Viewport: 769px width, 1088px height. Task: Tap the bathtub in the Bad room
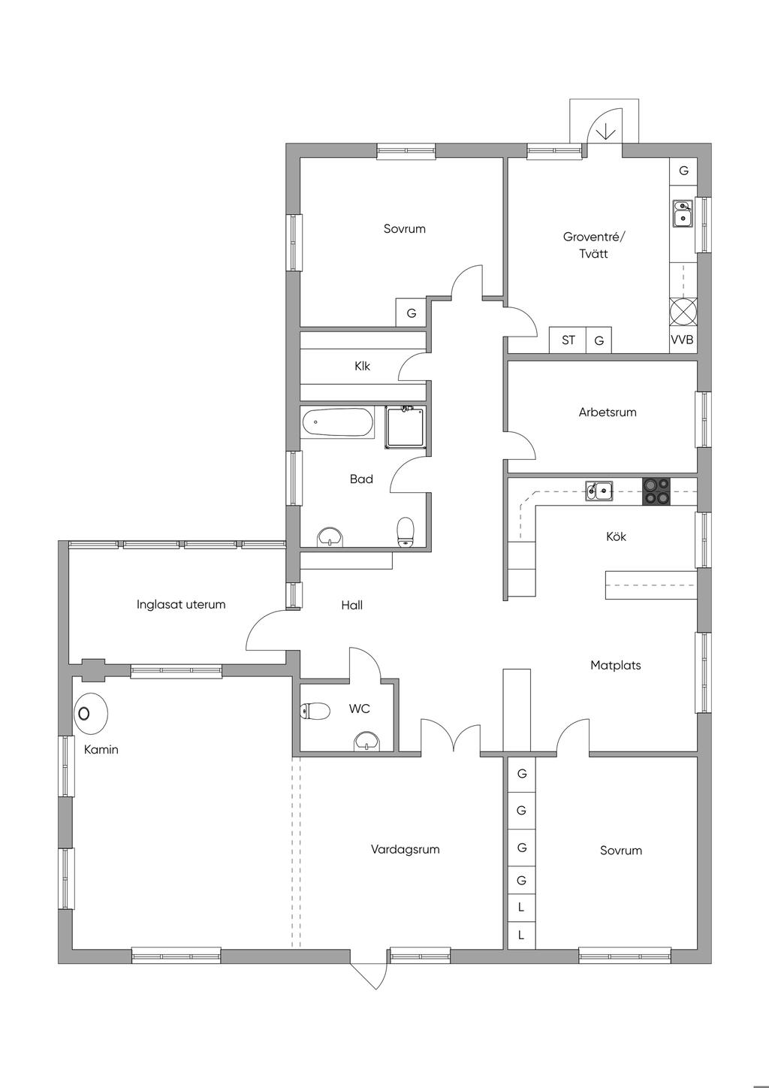click(338, 422)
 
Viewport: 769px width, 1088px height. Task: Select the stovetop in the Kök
click(656, 491)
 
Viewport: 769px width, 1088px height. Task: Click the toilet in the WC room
click(315, 711)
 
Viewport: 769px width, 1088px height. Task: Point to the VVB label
click(682, 340)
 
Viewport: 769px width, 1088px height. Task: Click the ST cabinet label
click(568, 340)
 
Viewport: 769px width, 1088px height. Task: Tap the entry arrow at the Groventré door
click(606, 131)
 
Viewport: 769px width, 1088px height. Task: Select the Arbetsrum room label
click(608, 413)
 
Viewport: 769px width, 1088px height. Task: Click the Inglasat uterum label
click(181, 605)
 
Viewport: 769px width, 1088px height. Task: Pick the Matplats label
click(616, 666)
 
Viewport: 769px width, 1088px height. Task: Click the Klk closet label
click(362, 366)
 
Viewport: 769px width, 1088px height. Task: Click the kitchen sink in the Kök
click(599, 491)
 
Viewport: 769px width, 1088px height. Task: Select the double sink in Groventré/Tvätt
click(683, 213)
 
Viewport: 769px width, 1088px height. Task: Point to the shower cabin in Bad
click(404, 428)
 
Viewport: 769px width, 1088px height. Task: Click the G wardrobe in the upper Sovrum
click(412, 313)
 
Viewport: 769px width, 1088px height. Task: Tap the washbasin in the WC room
click(367, 740)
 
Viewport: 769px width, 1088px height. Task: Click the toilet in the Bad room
click(406, 532)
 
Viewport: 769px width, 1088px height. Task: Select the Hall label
click(352, 605)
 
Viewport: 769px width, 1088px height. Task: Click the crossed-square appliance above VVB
click(683, 311)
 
